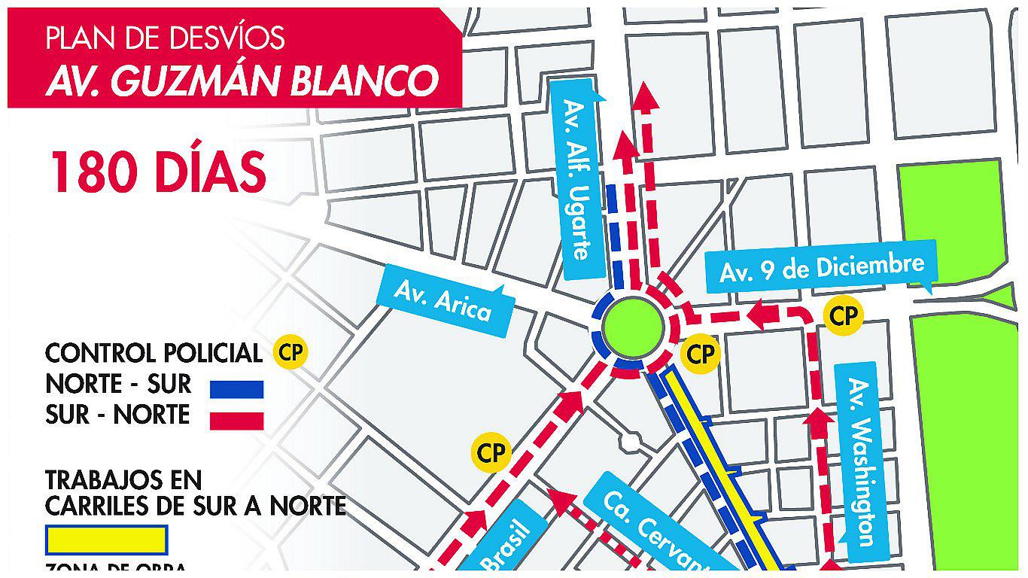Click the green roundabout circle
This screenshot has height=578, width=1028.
[632, 328]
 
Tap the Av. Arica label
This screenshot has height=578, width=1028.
[444, 300]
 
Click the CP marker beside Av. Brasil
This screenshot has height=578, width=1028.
[491, 453]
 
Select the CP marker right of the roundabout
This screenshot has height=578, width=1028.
[701, 353]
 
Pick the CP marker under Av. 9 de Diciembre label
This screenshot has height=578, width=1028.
[843, 316]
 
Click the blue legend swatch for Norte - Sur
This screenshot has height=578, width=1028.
[236, 389]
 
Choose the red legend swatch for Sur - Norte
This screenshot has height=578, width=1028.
[236, 420]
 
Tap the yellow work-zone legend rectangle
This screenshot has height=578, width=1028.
[106, 540]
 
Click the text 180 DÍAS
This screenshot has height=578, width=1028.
[158, 172]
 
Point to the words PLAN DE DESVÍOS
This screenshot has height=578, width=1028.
[166, 38]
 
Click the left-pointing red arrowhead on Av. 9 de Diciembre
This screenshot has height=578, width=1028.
[762, 313]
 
